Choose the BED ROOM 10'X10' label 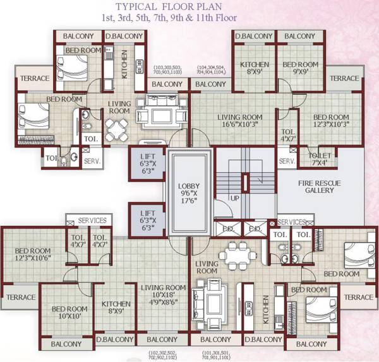(x=69, y=313)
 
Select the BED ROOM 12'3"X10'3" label (x=331, y=122)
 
